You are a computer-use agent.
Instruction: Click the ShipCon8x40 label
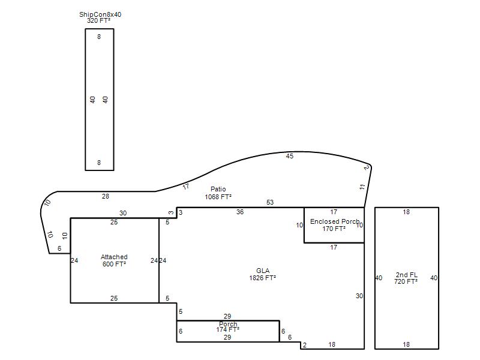tap(100, 14)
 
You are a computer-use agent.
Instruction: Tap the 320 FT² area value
tap(98, 20)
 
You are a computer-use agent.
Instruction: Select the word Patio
tap(218, 189)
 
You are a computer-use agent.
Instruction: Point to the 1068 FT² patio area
tap(218, 197)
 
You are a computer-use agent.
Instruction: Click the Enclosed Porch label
tap(335, 221)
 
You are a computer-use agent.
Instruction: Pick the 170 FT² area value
tap(334, 229)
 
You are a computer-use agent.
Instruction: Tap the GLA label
tap(263, 271)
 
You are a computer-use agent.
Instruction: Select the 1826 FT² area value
tap(263, 278)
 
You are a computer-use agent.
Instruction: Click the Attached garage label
tap(114, 257)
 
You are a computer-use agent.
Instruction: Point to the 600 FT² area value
tap(114, 264)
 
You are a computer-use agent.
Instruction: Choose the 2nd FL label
tap(407, 275)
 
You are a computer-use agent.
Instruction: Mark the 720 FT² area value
tap(406, 281)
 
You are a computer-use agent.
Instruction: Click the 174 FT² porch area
tap(228, 329)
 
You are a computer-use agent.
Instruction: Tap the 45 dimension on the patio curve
tap(290, 156)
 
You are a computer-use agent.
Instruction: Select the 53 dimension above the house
tap(270, 202)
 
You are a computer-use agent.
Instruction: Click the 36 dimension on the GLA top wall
tap(240, 212)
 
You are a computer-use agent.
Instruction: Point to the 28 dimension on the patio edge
tap(106, 196)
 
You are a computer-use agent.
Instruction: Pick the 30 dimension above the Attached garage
tap(123, 213)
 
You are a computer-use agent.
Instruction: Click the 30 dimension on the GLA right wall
tap(359, 296)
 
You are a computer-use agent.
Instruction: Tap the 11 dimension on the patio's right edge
tap(362, 187)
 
